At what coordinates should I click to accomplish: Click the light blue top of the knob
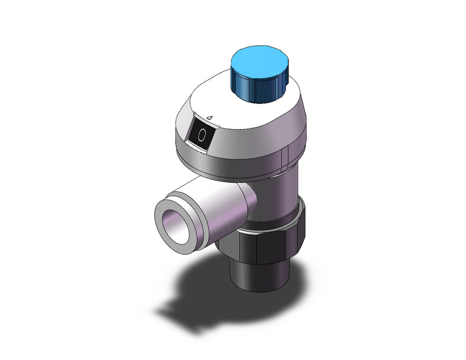[259, 62]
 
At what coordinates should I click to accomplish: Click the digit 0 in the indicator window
[202, 135]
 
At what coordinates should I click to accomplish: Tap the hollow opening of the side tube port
[175, 227]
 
